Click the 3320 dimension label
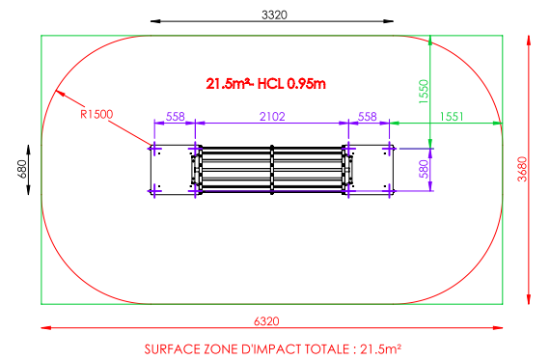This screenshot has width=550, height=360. tap(274, 14)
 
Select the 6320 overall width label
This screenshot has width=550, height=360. tap(266, 321)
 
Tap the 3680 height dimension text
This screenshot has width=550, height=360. tap(522, 169)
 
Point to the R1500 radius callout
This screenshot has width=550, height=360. tap(96, 114)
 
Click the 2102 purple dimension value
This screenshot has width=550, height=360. tap(272, 116)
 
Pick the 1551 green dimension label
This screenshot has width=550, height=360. tap(452, 116)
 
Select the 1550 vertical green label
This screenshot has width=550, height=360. tap(424, 92)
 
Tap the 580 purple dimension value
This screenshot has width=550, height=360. tap(424, 169)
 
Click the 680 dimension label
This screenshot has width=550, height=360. tap(22, 169)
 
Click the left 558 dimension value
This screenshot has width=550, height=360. tap(175, 116)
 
